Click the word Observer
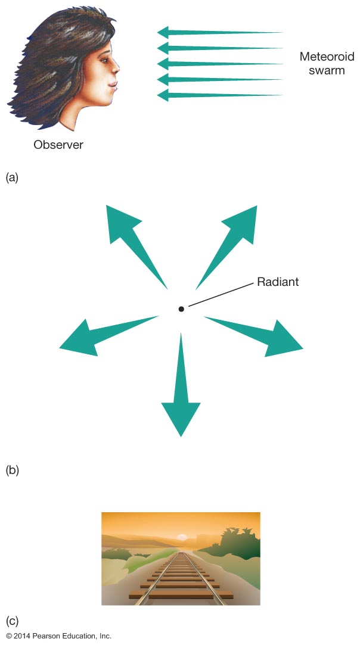58,145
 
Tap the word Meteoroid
327,57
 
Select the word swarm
327,71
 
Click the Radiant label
278,282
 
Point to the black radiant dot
181,309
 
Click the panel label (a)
13,177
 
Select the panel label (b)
13,470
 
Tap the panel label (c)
13,621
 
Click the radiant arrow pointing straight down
181,393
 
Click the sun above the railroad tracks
183,538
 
